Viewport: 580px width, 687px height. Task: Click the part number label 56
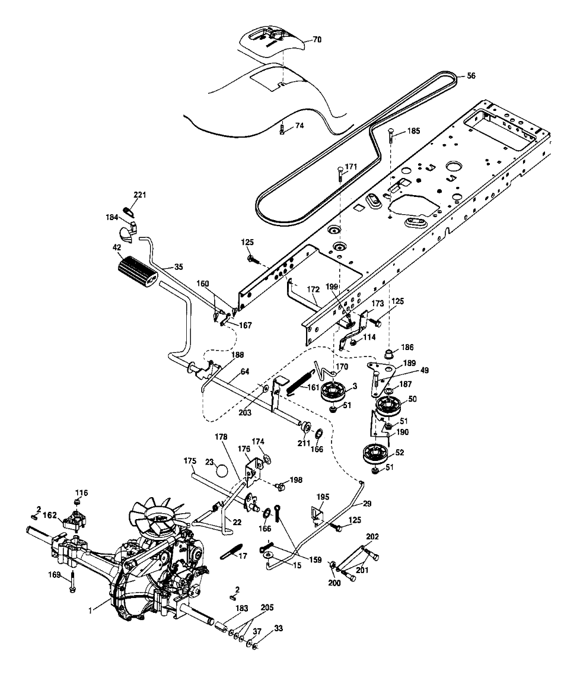coord(471,75)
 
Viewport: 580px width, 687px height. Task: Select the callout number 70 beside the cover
coord(317,40)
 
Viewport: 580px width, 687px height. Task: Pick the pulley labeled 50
coord(388,408)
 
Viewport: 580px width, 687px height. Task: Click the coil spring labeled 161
coord(302,381)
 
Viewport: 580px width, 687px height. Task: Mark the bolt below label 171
coord(339,174)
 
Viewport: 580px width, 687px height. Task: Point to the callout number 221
coord(140,195)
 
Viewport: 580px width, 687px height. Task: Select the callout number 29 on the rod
coord(367,503)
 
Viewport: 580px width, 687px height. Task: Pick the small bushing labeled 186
coord(390,355)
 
